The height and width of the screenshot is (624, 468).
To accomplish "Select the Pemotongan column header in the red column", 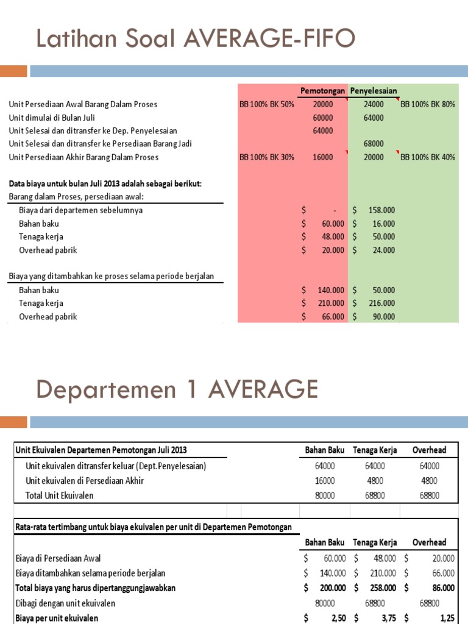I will [322, 91].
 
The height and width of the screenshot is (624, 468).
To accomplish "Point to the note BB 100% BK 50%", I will [266, 104].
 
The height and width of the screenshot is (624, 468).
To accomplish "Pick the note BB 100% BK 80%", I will [428, 104].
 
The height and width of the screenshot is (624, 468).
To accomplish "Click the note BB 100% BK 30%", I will [266, 157].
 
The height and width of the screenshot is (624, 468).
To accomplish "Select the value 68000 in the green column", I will [374, 144].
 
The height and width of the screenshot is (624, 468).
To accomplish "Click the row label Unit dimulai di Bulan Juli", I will [52, 118].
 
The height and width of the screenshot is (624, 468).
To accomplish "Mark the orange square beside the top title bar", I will [13, 71].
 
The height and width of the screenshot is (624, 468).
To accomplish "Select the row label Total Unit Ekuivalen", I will [60, 495].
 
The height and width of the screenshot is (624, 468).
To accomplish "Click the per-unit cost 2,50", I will [335, 618].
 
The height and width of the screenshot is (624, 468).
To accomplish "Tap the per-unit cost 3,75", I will [387, 618].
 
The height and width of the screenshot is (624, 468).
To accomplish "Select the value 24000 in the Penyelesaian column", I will [374, 104].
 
